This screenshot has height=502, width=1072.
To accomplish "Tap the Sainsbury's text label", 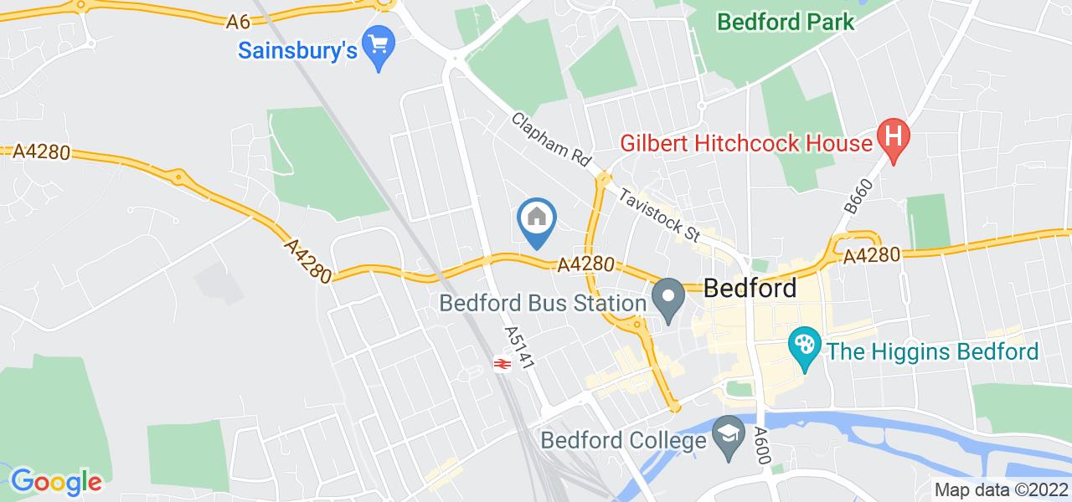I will (297, 50).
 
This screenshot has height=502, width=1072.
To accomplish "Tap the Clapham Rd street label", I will (553, 141).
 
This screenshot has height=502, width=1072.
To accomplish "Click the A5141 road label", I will (518, 348).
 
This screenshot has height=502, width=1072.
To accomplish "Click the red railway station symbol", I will (502, 364).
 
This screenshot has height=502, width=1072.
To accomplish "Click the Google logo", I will (55, 481).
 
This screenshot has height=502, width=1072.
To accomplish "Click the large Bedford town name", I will (750, 289).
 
